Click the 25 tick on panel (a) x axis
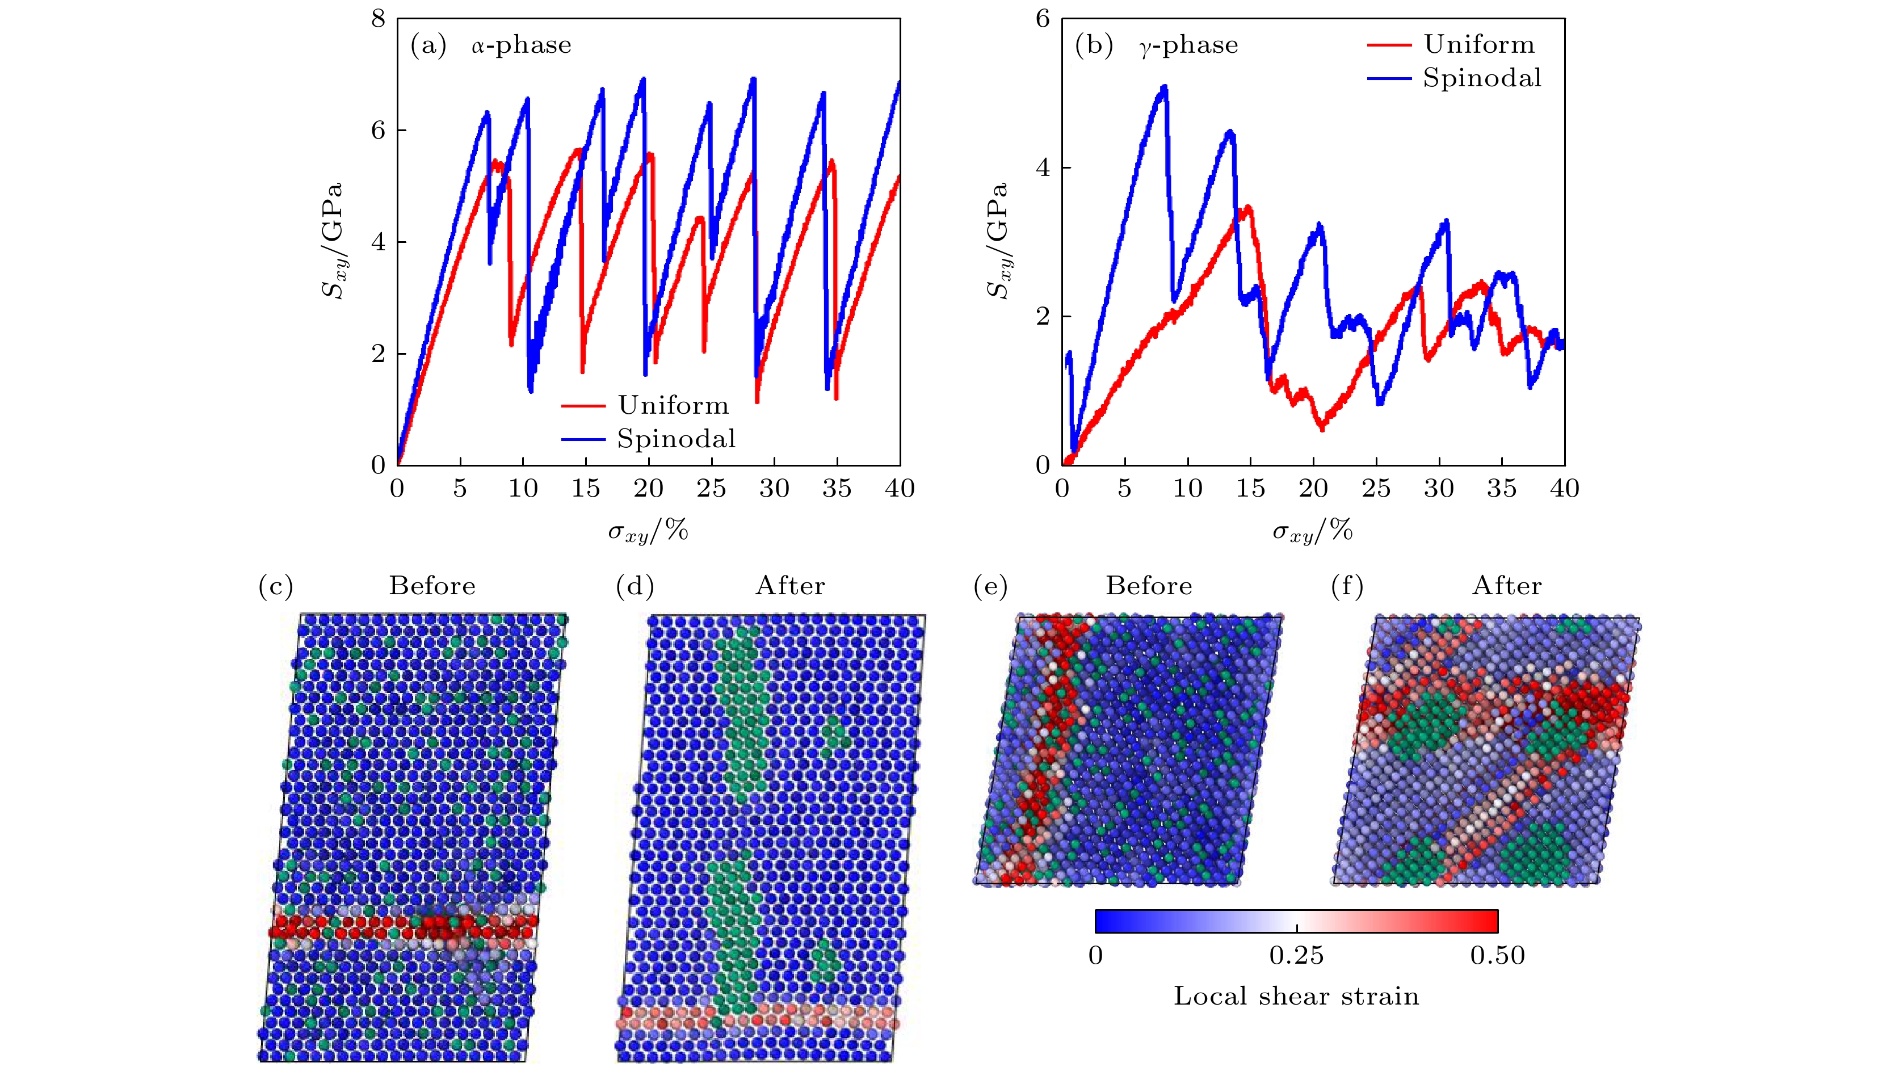click(711, 488)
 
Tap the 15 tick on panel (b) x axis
click(1250, 488)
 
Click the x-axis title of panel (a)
click(648, 531)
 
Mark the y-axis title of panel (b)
click(999, 241)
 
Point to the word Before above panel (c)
click(432, 586)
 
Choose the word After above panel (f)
click(1507, 586)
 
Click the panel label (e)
click(990, 586)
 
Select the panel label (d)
click(635, 586)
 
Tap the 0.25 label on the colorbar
click(1296, 956)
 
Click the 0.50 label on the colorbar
click(1497, 956)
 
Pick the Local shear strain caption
click(1296, 996)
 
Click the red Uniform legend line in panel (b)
click(1389, 45)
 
